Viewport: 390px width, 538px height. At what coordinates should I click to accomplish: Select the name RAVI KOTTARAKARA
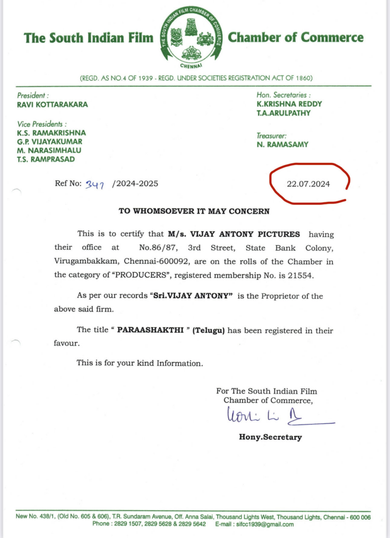tap(52, 104)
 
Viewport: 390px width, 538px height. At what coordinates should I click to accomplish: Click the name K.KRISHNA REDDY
tap(289, 104)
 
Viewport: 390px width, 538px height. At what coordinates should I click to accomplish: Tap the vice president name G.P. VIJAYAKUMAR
tap(49, 141)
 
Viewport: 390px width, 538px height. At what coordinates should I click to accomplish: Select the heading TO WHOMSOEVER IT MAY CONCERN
tap(194, 211)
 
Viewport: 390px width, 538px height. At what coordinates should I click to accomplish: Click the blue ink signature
tap(274, 418)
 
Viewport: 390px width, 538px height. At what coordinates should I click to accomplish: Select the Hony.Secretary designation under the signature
tap(271, 437)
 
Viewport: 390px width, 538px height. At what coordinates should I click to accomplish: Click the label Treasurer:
tap(271, 136)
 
